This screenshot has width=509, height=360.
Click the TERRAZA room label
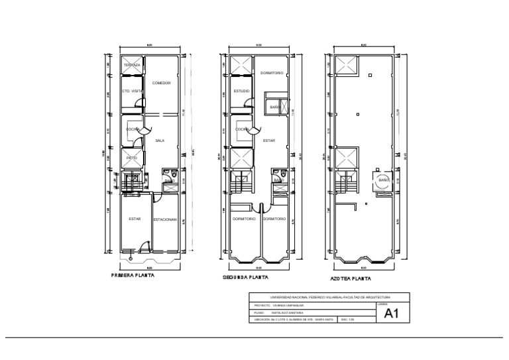(132, 65)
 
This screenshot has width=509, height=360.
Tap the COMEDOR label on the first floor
(162, 83)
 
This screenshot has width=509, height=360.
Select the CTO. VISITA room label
(132, 91)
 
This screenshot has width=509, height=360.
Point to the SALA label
(160, 141)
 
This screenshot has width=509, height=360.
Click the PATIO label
(131, 157)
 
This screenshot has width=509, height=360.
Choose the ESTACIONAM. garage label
(165, 219)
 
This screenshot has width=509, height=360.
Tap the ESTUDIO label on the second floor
(241, 91)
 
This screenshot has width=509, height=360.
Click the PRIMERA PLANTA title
(133, 275)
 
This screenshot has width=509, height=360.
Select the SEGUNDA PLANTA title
(244, 277)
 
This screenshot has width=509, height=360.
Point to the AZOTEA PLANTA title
(351, 278)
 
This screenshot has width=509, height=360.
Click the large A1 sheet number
(392, 315)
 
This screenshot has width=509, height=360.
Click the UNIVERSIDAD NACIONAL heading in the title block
(329, 298)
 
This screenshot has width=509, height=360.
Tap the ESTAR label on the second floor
(268, 141)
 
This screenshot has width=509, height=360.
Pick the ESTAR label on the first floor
(135, 219)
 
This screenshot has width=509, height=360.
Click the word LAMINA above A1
(381, 303)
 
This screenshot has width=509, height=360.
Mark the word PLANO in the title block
(258, 312)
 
